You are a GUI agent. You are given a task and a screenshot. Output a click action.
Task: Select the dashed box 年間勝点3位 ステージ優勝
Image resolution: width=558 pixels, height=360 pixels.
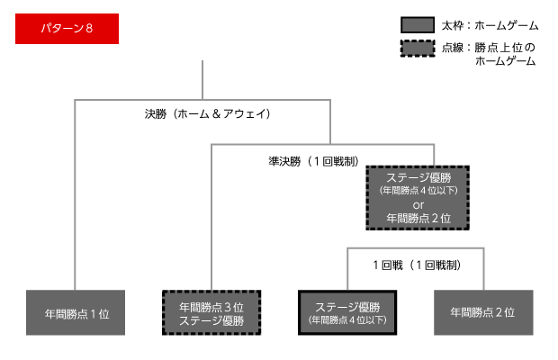pos(211,312)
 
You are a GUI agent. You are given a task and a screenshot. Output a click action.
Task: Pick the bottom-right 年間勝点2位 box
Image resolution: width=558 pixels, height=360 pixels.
pos(482,312)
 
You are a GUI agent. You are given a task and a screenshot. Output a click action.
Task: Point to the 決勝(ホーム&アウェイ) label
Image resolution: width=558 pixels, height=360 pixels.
pos(208,114)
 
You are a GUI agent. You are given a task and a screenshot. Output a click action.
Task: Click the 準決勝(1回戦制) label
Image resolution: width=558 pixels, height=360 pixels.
pos(309,161)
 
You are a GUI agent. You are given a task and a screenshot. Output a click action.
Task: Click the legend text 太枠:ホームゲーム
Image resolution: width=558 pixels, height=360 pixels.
pos(487,25)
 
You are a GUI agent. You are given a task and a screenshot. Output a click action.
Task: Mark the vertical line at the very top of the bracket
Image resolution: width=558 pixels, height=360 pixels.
pos(209,81)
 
